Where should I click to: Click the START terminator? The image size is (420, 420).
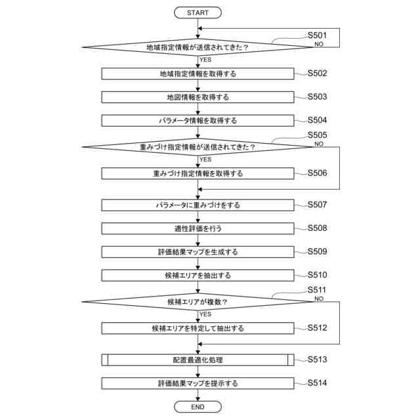[198, 12]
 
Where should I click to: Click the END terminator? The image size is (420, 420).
[198, 407]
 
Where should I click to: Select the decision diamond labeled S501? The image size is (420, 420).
[198, 47]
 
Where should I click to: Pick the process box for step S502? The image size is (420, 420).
[198, 73]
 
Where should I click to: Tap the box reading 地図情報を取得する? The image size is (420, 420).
[198, 97]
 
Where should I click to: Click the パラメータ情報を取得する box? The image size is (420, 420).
[198, 121]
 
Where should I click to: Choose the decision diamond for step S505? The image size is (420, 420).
[198, 147]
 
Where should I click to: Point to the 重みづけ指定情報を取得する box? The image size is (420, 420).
[198, 174]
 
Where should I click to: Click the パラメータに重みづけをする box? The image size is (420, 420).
[198, 205]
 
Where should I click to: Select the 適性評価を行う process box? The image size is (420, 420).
[198, 228]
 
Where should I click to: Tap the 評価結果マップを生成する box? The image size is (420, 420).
[198, 252]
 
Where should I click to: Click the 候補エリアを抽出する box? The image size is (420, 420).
[198, 276]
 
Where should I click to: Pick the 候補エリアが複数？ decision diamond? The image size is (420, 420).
[198, 302]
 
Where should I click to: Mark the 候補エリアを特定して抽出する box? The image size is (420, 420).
[198, 328]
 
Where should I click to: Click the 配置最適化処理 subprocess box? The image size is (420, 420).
[198, 360]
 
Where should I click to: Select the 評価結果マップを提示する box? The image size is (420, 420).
[198, 383]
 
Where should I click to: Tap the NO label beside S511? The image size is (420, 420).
[319, 299]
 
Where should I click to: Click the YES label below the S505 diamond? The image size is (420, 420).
[205, 159]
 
